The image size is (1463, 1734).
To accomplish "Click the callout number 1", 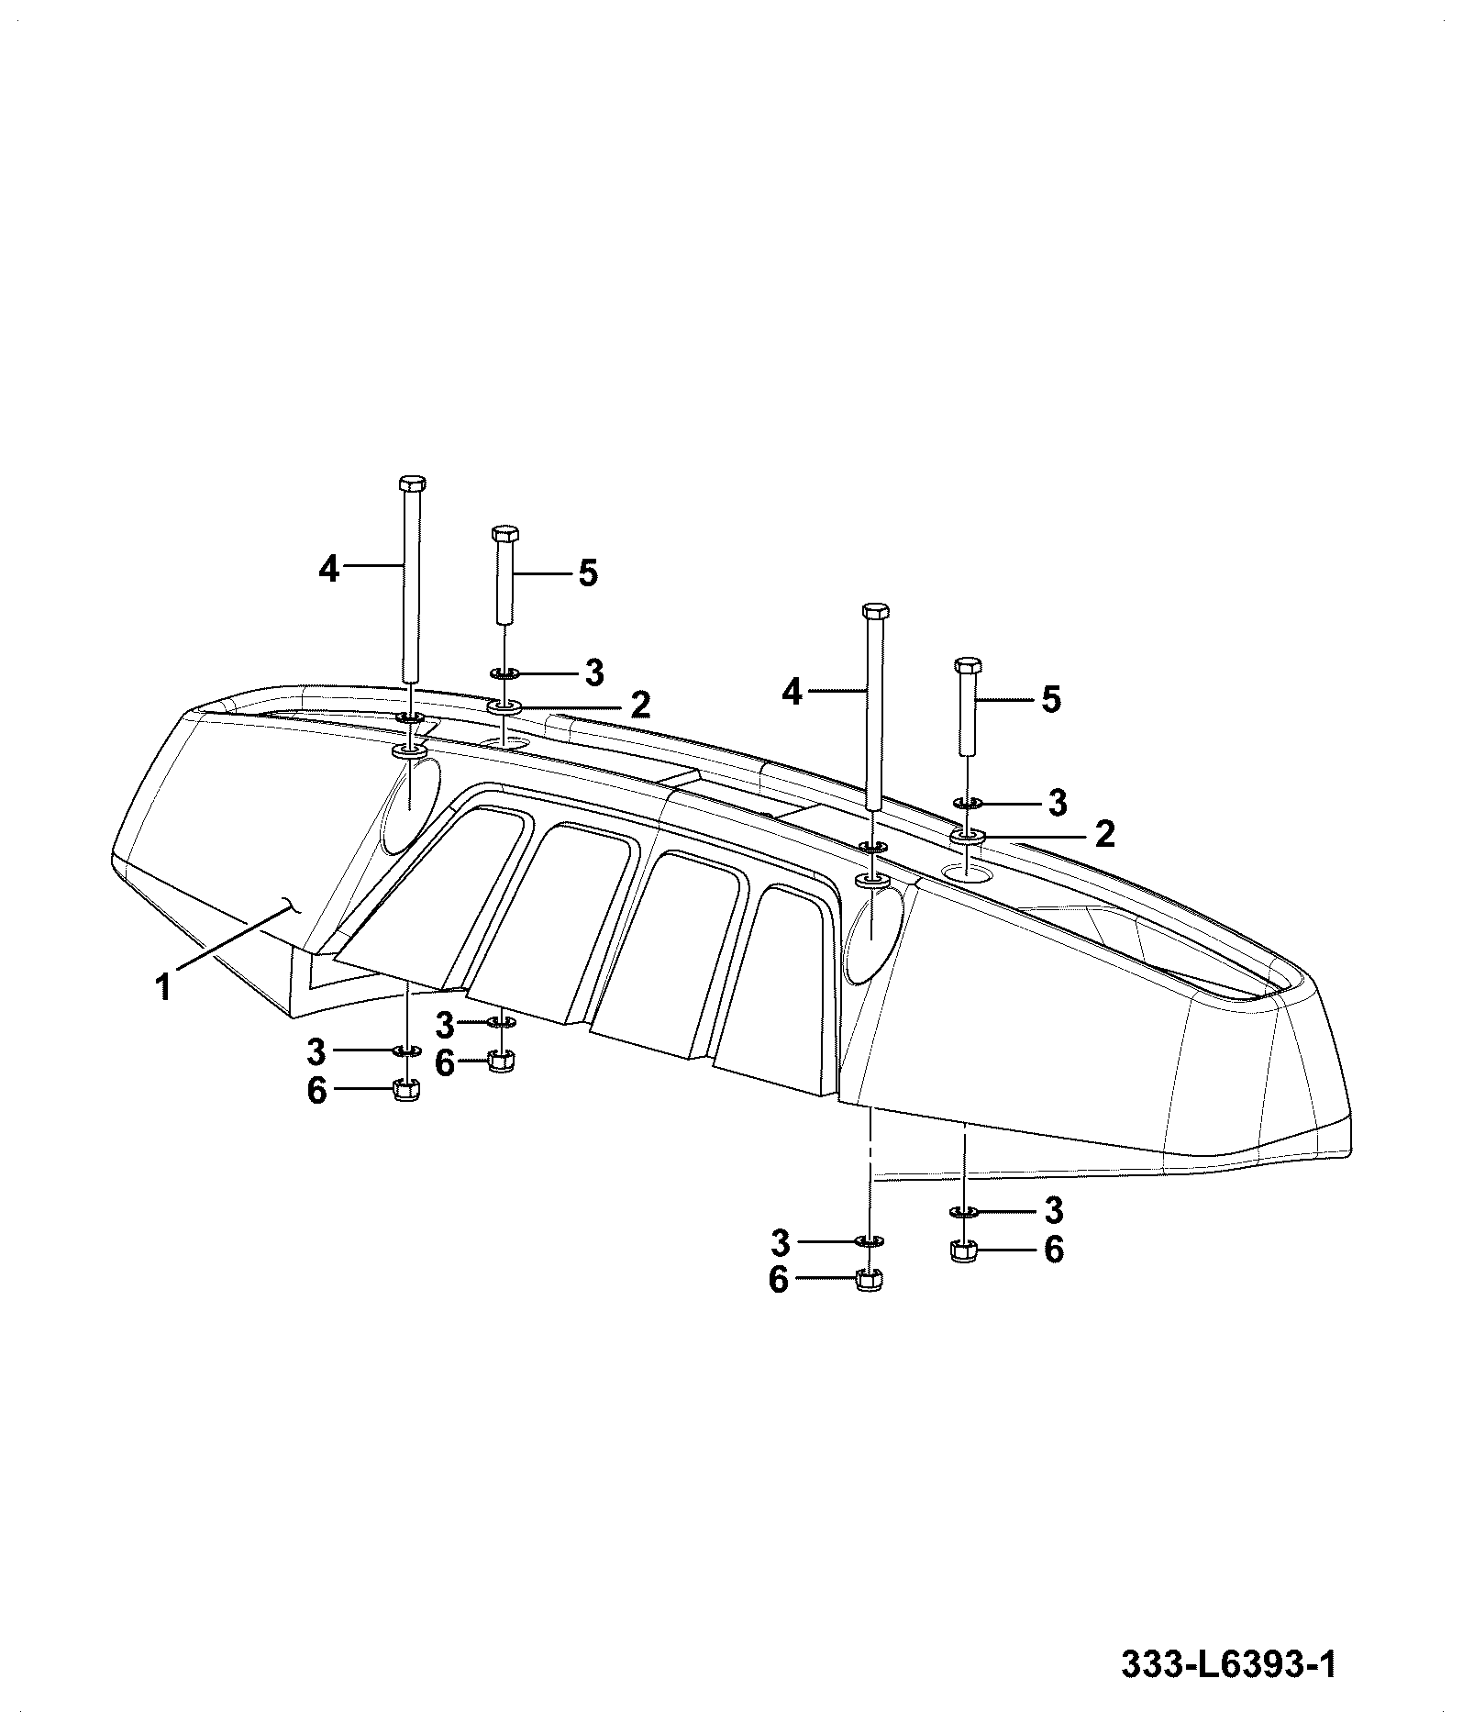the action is [163, 988].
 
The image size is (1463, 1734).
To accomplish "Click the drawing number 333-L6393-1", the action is [1228, 1664].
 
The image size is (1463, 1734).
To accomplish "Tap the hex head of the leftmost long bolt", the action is [412, 484].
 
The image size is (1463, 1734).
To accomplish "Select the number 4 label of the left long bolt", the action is [329, 569].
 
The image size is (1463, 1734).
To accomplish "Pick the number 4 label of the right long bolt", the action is [792, 693].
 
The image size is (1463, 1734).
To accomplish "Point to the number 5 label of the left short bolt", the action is [588, 574].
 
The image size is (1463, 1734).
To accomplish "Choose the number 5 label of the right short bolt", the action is [1051, 700].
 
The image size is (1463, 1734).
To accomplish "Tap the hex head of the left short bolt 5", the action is [504, 534].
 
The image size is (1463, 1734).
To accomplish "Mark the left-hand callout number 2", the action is [640, 705].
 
